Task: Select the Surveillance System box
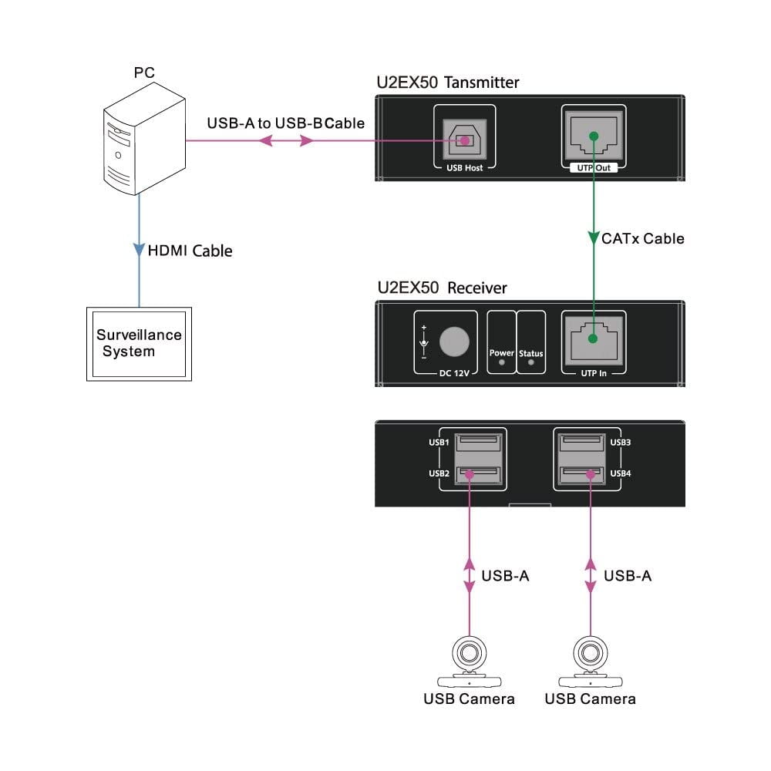[x=139, y=343]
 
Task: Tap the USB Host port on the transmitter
[x=463, y=140]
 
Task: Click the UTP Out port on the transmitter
[x=593, y=136]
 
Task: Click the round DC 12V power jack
[x=454, y=342]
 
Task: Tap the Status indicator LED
[x=530, y=361]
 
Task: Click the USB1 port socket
[x=476, y=443]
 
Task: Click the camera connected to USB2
[x=469, y=662]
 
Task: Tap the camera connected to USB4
[x=590, y=662]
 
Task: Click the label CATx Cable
[x=642, y=239]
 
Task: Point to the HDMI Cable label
[x=190, y=251]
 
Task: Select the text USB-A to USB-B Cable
[x=286, y=123]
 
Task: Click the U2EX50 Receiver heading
[x=442, y=288]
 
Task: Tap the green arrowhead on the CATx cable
[x=593, y=234]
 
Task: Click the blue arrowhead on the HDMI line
[x=139, y=250]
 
